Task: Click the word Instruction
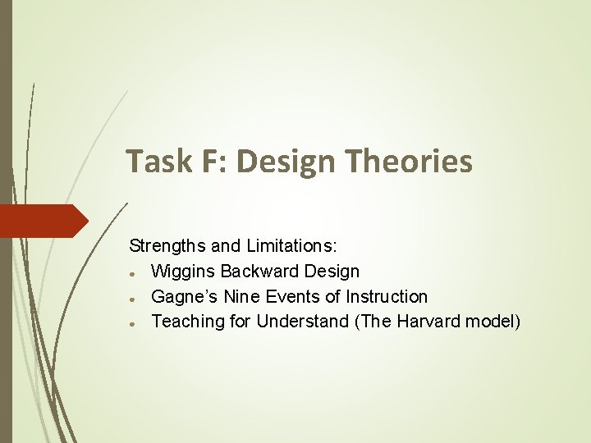click(387, 296)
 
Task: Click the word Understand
click(303, 322)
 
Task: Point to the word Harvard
click(428, 322)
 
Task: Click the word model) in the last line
click(492, 322)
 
